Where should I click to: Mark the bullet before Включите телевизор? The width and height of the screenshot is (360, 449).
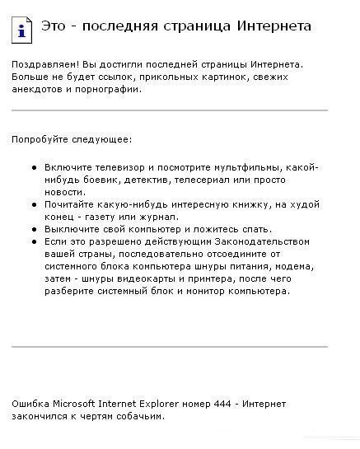tap(34, 166)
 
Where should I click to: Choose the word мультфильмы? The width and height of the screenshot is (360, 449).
tap(247, 166)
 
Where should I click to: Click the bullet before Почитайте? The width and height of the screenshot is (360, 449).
tap(34, 203)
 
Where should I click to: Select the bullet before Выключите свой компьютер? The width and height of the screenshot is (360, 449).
tap(34, 229)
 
